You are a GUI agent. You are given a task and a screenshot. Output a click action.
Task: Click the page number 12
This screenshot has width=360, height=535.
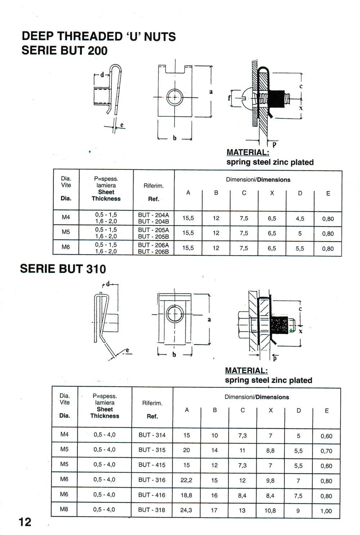[x=25, y=522]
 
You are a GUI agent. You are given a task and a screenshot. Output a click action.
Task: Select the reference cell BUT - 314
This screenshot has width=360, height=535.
[x=152, y=435]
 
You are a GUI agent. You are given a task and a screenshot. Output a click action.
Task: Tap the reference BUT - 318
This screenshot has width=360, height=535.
[x=152, y=510]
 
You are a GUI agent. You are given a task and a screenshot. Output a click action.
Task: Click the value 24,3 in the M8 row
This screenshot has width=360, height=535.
[x=186, y=510]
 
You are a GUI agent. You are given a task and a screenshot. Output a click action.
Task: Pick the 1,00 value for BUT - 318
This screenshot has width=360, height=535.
[x=326, y=511]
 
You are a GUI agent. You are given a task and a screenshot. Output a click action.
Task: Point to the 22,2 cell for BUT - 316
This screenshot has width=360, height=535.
[x=186, y=480]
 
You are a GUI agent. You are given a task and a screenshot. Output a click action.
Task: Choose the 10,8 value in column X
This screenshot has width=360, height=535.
[x=270, y=511]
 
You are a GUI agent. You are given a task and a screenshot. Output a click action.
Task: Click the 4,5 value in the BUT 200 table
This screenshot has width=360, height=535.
[x=300, y=219]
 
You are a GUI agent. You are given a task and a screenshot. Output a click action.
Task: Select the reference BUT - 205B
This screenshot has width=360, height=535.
[x=153, y=237]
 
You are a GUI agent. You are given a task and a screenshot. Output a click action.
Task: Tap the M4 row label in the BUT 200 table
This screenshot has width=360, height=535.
[x=66, y=217]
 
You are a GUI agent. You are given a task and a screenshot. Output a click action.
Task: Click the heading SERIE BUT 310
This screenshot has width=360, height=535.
[x=63, y=269]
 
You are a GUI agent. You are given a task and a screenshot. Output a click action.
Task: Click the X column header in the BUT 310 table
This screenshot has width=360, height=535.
[x=271, y=410]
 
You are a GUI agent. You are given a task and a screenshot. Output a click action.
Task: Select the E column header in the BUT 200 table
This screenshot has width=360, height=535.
[x=328, y=193]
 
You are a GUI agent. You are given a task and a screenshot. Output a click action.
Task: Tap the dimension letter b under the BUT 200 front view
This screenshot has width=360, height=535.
[x=175, y=138]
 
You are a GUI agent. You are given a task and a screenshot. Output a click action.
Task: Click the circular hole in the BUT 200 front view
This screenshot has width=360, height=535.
[x=175, y=97]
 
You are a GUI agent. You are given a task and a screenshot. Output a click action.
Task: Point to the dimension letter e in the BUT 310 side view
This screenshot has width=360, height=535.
[x=127, y=350]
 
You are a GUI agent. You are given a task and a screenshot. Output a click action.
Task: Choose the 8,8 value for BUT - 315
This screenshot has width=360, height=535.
[x=270, y=450]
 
